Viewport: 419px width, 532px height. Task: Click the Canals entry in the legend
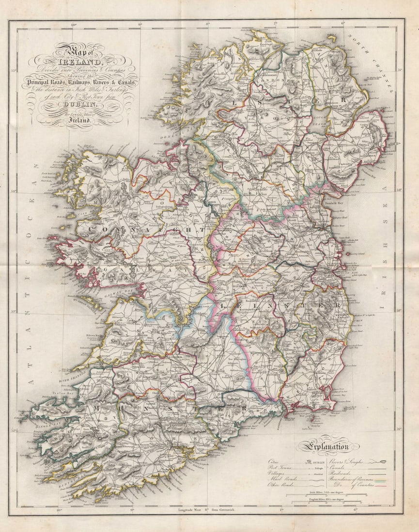tap(340, 469)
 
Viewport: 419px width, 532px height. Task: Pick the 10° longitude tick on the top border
tap(74, 24)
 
